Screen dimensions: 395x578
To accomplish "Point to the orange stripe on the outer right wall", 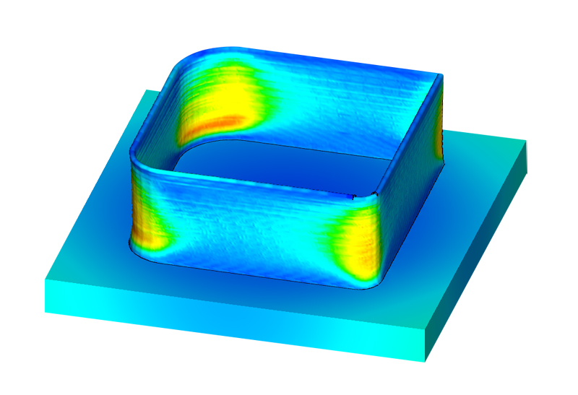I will [x=439, y=144].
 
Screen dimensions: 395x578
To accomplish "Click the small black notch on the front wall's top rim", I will [x=353, y=196].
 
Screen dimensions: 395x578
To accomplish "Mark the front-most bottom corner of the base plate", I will [x=426, y=361].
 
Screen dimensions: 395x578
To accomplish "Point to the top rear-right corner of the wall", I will [x=438, y=74].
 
